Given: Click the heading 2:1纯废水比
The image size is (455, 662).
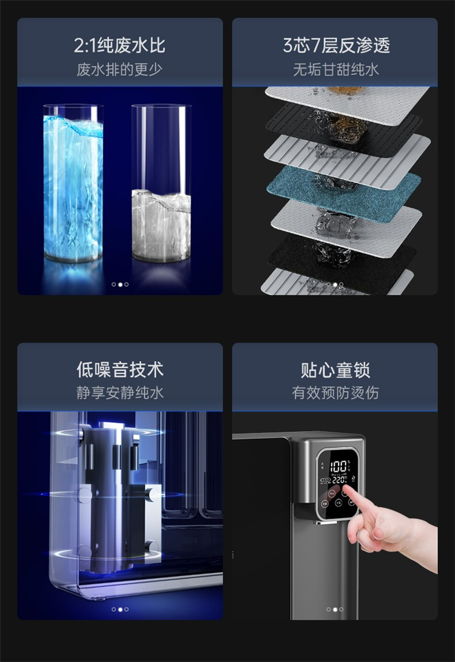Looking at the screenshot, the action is click(x=120, y=45).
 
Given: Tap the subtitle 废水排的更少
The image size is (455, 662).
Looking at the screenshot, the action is click(x=120, y=69).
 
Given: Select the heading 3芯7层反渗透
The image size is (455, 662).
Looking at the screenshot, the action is click(x=336, y=45).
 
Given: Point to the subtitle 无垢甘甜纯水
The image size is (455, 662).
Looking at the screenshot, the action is click(x=336, y=69).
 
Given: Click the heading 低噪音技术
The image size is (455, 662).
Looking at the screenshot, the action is click(x=120, y=369).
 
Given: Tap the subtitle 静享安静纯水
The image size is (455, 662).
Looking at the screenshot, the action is click(x=120, y=393).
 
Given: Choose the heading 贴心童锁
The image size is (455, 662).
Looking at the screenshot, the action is click(x=335, y=370).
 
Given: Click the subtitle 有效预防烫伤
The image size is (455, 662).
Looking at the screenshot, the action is click(x=335, y=393).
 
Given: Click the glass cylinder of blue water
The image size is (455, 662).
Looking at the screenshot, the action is click(x=73, y=183).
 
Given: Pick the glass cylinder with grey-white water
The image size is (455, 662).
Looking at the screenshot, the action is click(x=161, y=183).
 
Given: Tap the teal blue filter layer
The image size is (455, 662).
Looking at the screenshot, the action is click(x=343, y=193).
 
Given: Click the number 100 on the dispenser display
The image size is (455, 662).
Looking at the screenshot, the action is click(x=339, y=467).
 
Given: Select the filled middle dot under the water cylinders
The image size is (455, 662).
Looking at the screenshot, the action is click(x=120, y=284).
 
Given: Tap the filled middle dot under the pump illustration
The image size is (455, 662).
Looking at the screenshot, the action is click(x=120, y=609).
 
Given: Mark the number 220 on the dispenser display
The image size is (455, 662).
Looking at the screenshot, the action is click(x=339, y=480).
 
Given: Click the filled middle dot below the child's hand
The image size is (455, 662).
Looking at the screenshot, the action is click(x=335, y=609).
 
